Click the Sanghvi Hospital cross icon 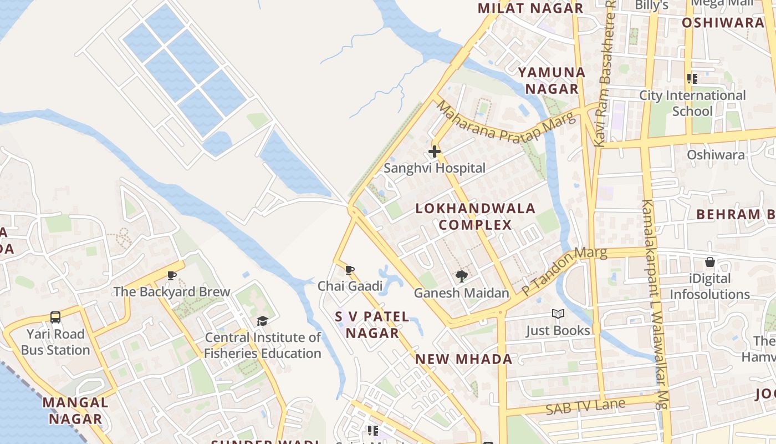click(x=435, y=151)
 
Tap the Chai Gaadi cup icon click(x=350, y=270)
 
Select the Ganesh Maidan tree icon click(x=461, y=276)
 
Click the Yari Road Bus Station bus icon click(x=55, y=317)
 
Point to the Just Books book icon click(x=558, y=314)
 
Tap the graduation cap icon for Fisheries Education click(x=262, y=321)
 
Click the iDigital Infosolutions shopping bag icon click(x=709, y=262)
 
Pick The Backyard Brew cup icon click(x=172, y=275)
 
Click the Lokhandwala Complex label click(x=476, y=216)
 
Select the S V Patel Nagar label click(x=372, y=325)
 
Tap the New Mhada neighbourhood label click(x=464, y=359)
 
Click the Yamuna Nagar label click(x=552, y=80)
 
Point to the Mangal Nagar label click(x=75, y=410)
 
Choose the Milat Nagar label click(x=530, y=8)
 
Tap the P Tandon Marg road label click(x=564, y=271)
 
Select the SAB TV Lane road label click(x=585, y=407)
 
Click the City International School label click(x=692, y=103)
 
